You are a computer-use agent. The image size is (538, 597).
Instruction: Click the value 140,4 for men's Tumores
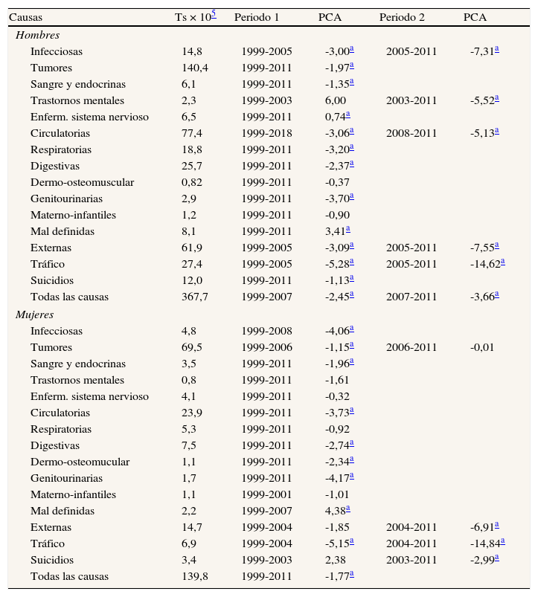[196, 68]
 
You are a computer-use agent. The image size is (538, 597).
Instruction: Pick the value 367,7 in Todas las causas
[196, 297]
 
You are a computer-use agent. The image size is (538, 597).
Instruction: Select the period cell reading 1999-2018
[266, 133]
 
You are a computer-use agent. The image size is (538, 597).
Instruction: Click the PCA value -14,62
[486, 264]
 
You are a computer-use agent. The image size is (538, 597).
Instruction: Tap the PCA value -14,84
[486, 543]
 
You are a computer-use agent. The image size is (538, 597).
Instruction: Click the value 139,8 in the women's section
[196, 576]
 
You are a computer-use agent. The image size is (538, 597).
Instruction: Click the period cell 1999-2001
[266, 494]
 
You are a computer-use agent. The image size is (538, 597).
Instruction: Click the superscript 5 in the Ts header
[214, 14]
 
